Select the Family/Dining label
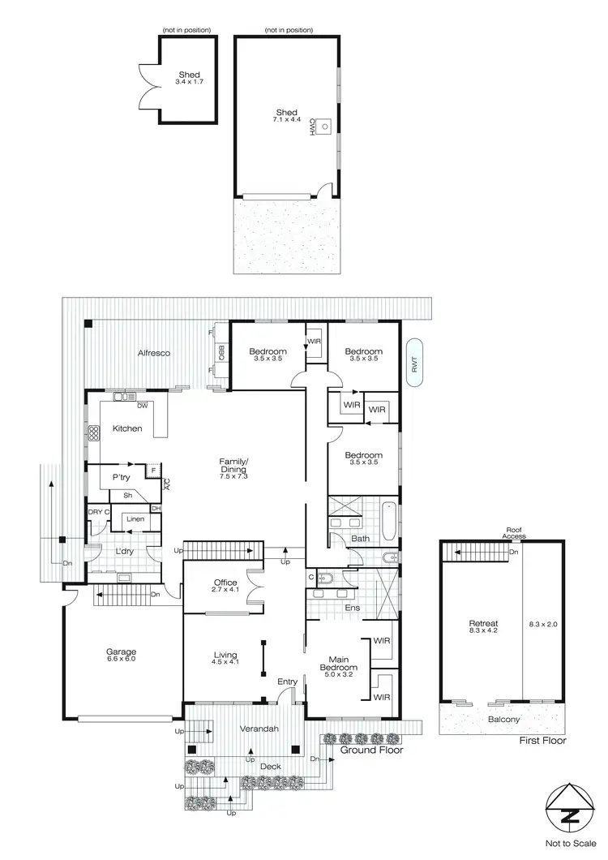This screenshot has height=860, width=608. click(x=234, y=466)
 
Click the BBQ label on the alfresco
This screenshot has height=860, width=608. click(x=221, y=353)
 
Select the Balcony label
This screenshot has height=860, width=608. click(x=504, y=720)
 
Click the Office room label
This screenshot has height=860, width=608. click(x=225, y=583)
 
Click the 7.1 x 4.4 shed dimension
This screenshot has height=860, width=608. click(x=286, y=120)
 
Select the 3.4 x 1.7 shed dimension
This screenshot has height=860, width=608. click(x=190, y=82)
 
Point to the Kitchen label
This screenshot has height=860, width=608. click(x=127, y=428)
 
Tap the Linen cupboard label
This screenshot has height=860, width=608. click(x=135, y=518)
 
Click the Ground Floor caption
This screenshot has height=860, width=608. click(x=371, y=750)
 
